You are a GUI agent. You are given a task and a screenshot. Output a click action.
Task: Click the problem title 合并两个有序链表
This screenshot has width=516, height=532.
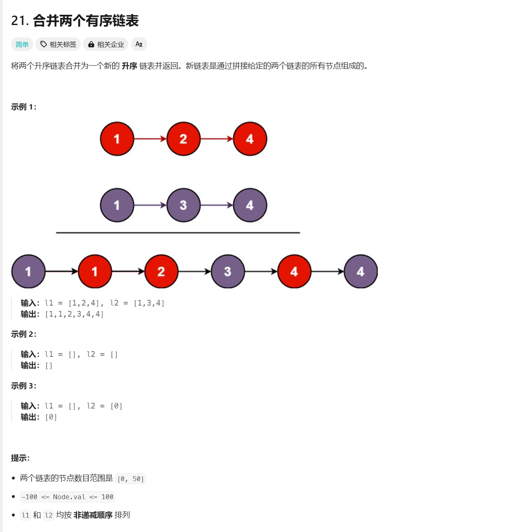pos(85,21)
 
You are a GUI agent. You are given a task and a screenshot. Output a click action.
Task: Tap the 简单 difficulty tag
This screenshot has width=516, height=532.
pos(22,44)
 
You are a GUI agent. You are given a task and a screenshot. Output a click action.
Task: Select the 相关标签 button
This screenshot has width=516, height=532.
pos(58,44)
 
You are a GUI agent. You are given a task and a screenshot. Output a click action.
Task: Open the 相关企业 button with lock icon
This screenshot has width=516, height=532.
pos(106,44)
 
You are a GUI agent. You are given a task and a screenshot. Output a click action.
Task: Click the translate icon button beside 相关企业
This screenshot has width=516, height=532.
pos(139,44)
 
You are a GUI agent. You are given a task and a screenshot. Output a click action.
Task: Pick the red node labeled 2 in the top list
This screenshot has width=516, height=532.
pos(183,139)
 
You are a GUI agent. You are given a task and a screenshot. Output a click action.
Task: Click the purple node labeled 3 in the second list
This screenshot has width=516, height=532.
pos(183,205)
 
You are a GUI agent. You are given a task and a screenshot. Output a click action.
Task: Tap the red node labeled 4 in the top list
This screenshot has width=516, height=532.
pos(250,139)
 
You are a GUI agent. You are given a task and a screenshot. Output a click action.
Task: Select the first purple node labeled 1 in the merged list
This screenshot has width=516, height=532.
pos(28,272)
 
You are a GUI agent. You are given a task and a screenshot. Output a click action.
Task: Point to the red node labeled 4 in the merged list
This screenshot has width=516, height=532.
pos(294,272)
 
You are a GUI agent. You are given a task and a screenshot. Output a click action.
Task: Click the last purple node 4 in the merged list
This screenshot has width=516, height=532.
pos(361,272)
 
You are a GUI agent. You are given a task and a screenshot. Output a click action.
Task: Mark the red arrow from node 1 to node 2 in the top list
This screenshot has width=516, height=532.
pos(150,139)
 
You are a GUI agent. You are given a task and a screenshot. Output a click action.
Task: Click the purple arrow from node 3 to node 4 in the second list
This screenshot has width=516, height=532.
pos(217,205)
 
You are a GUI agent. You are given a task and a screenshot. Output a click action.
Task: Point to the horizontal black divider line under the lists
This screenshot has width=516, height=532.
pos(178,233)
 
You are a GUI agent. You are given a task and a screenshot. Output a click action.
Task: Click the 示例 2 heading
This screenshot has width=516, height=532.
pos(23,334)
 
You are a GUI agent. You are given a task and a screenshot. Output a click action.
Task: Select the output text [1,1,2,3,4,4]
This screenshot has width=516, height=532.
pos(74,314)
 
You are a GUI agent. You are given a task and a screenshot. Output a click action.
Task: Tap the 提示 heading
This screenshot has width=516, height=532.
pos(20,458)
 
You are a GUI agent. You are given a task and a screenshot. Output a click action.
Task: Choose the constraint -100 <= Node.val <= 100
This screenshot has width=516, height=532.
pos(67,497)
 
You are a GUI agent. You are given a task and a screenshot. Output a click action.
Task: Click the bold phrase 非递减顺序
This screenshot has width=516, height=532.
pos(93,515)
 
